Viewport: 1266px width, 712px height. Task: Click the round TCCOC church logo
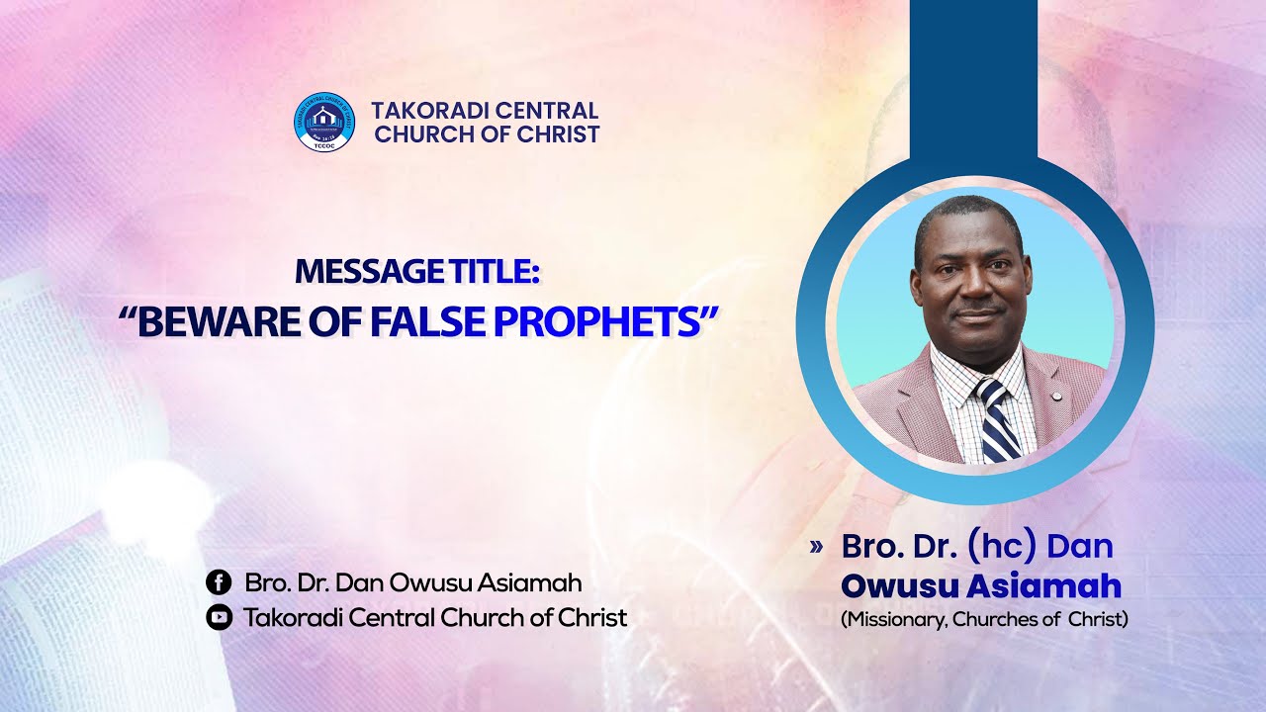[323, 122]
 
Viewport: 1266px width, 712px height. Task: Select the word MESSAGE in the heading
[369, 272]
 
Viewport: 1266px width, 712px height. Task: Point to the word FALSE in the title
[428, 321]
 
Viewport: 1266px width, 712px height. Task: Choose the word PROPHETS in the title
[597, 321]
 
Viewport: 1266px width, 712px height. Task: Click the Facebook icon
[219, 582]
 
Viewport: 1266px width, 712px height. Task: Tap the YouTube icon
[219, 617]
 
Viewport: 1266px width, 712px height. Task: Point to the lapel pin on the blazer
[1054, 396]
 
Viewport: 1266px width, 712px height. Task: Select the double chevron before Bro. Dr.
[816, 547]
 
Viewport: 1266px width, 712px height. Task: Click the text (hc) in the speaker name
[1003, 546]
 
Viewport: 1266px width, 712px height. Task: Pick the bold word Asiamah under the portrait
[1043, 585]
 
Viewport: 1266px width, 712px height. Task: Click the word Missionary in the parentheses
[893, 619]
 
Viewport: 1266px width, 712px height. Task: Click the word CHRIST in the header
[558, 134]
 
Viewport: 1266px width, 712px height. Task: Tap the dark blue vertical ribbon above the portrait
[974, 79]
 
